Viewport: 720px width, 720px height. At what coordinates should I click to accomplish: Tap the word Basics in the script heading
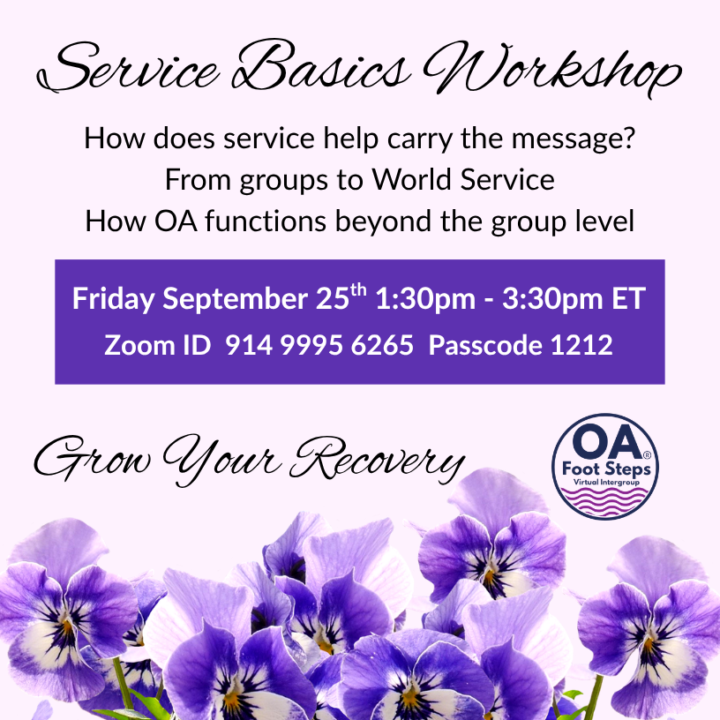tap(320, 65)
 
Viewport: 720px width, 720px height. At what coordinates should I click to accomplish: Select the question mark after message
tap(629, 137)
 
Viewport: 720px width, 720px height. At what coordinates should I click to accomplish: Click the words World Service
tap(463, 179)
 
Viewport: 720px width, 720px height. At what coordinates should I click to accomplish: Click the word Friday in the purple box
tap(114, 299)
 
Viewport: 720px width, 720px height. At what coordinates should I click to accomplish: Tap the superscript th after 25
tap(358, 290)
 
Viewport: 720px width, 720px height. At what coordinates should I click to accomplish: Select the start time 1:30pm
tap(425, 299)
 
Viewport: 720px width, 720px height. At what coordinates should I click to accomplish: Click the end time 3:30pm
tap(552, 299)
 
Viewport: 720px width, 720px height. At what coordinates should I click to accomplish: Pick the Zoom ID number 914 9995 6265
tap(319, 345)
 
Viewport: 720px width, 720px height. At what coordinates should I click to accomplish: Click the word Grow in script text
tap(93, 459)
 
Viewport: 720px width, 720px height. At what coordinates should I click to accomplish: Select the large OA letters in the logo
tap(607, 442)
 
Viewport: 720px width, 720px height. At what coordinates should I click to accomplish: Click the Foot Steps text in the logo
tap(606, 469)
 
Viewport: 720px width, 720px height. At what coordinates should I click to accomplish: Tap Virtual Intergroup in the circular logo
tap(606, 482)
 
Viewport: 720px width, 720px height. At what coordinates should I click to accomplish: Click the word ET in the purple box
tap(628, 299)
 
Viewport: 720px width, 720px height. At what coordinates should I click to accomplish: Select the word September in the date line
tap(235, 299)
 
